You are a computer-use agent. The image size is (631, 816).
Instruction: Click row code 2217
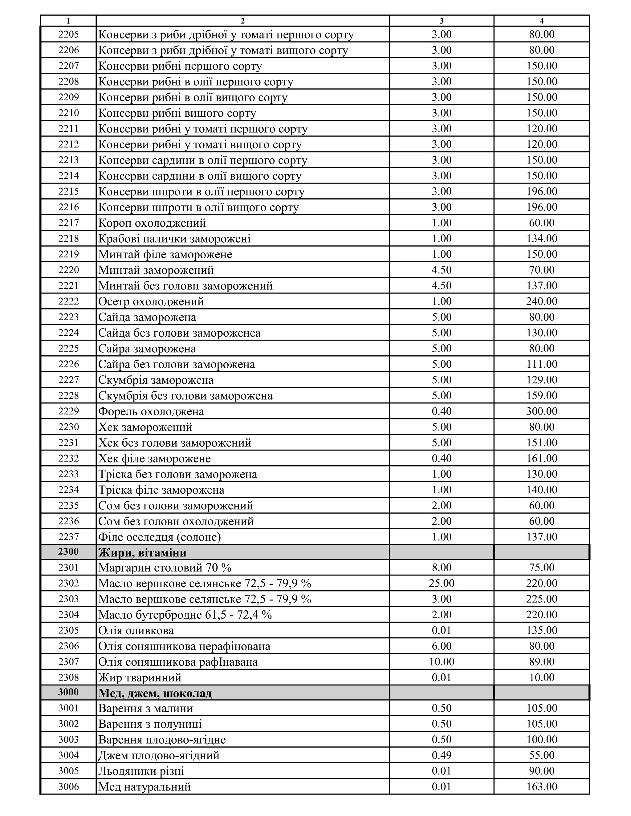click(68, 223)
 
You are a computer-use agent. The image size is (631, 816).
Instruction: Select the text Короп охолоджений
click(152, 223)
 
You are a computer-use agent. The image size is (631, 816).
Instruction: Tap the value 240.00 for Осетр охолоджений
click(541, 301)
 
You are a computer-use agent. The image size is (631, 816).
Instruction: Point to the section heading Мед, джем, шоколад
click(155, 693)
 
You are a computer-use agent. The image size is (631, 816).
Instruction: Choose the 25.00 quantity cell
click(442, 583)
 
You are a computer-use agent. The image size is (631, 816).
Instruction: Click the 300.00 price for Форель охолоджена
click(541, 411)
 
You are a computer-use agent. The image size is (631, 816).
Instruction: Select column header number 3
click(442, 21)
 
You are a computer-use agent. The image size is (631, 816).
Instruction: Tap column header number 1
click(68, 21)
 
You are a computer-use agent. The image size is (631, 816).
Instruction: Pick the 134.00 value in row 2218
click(541, 238)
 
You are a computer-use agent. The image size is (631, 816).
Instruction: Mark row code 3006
click(68, 786)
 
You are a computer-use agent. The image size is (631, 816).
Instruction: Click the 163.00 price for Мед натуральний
click(541, 786)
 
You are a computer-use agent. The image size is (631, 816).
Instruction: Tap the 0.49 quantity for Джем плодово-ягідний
click(442, 755)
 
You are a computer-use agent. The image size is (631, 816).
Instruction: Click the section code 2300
click(68, 551)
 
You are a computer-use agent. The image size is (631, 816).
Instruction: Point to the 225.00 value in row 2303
click(541, 599)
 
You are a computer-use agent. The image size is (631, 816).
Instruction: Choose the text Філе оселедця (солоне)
click(159, 537)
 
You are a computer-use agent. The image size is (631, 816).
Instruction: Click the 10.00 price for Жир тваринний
click(541, 677)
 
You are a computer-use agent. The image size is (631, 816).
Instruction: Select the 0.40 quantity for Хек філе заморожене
click(442, 458)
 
